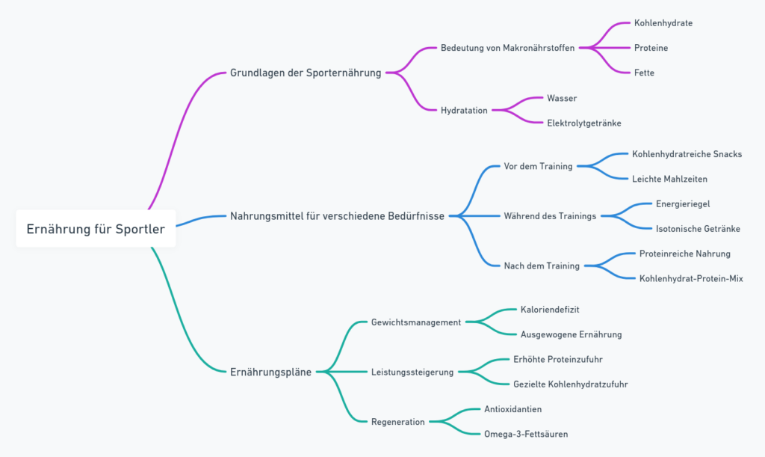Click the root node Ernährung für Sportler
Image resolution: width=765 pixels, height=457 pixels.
[96, 229]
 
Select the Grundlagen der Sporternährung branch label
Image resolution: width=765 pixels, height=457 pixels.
[306, 73]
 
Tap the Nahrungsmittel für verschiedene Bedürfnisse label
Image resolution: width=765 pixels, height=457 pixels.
[337, 216]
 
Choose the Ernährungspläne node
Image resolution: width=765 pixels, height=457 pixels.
[270, 372]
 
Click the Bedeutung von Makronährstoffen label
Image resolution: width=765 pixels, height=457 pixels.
[507, 48]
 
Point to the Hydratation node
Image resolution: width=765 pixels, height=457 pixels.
[464, 111]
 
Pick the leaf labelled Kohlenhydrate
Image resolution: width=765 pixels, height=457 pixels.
[663, 23]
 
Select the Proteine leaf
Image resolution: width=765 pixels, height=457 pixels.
[651, 48]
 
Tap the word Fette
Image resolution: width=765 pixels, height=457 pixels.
[644, 73]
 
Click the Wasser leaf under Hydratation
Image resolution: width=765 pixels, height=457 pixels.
[562, 98]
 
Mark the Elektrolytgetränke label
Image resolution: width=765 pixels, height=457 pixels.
[583, 123]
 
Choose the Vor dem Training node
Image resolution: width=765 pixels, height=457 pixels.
[538, 166]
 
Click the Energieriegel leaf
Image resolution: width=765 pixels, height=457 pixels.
[683, 203]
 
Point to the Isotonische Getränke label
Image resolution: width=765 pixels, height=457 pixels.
[698, 229]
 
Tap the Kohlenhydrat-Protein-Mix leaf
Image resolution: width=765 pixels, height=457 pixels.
[691, 278]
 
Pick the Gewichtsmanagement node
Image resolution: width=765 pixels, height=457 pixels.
[416, 322]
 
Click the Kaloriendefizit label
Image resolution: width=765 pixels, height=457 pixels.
[550, 310]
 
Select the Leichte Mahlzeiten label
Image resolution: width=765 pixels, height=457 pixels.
[669, 179]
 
